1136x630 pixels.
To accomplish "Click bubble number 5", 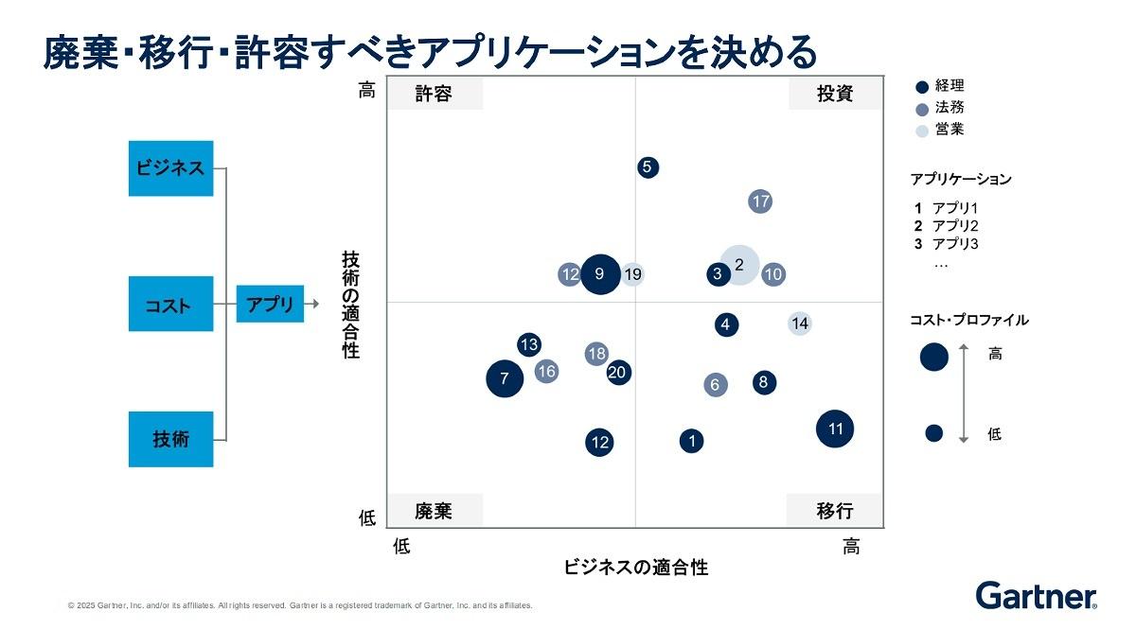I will [x=648, y=167].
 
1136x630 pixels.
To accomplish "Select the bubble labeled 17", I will [x=761, y=201].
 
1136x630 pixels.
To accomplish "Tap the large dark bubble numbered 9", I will [x=600, y=274].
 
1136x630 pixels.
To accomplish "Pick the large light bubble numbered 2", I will [x=740, y=265].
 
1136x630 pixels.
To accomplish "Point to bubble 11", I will [x=835, y=429].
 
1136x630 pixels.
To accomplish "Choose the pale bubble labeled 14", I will [x=800, y=324].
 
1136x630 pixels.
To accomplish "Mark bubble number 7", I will [x=505, y=379].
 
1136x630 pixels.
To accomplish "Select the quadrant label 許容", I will [x=434, y=94].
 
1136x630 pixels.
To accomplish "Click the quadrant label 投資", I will [x=835, y=94].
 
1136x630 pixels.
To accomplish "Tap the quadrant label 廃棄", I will [x=434, y=511].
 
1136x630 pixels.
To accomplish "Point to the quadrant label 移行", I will [x=835, y=511].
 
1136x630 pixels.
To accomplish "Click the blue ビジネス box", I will [x=171, y=168].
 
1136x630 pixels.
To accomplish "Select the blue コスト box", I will [x=171, y=305].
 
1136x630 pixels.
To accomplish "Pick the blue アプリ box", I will [x=270, y=304].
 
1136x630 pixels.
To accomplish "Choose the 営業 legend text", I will [x=950, y=130].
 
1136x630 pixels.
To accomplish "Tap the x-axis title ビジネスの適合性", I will [x=636, y=568].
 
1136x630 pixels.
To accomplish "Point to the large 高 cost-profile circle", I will [x=934, y=357].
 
